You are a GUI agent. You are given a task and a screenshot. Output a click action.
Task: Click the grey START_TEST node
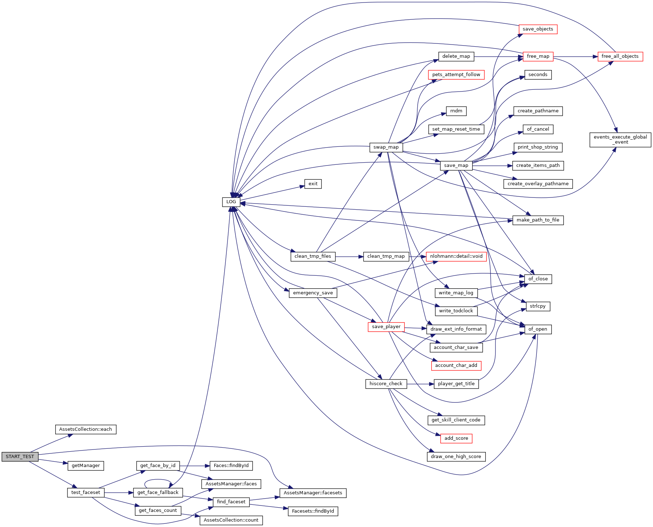coord(20,457)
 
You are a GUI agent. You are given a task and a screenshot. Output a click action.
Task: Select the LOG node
coord(231,202)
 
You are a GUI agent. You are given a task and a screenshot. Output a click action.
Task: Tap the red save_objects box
coord(537,29)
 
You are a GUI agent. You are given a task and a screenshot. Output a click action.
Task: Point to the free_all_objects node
coord(620,56)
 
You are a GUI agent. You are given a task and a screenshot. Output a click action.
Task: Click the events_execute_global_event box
coord(620,140)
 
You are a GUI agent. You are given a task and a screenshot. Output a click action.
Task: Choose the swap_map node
coord(386,147)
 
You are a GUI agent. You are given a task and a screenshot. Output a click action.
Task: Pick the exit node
coord(313,184)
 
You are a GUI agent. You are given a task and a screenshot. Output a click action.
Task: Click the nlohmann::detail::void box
coord(456,256)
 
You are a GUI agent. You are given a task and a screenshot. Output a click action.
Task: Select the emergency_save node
coord(313,293)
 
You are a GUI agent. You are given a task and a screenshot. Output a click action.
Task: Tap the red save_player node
coord(386,327)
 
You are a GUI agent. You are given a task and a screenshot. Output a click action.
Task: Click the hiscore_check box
coord(386,384)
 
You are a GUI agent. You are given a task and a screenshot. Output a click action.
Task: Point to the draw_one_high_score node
coord(456,457)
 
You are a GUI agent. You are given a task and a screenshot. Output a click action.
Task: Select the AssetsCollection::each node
coord(85,429)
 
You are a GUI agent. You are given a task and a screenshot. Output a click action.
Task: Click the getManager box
coord(86,466)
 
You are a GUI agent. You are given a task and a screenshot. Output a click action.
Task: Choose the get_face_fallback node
coord(158,493)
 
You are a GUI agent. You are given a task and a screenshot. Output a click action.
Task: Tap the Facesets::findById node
coord(313,511)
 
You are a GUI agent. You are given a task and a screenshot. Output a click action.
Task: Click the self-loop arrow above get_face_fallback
coord(158,480)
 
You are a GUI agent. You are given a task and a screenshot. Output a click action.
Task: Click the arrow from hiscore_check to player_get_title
coord(420,384)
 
